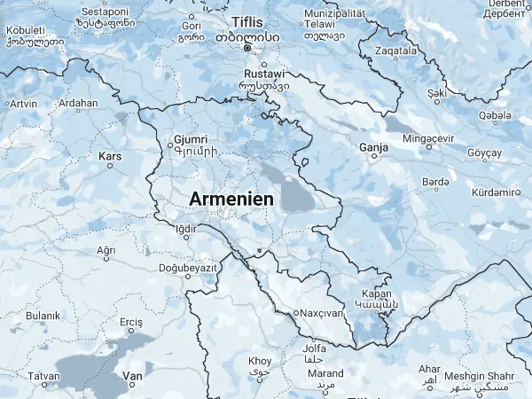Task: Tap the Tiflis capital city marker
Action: coord(248,48)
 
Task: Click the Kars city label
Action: coord(110,157)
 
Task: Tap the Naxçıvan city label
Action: coord(324,313)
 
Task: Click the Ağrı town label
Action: coord(106,250)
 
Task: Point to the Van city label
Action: coord(132,377)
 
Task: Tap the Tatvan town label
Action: coord(43,377)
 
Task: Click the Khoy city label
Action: coord(260,361)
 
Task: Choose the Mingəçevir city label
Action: coord(427,139)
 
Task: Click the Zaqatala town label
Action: coord(395,51)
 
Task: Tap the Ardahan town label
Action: coord(77,103)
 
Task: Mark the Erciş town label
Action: coord(131,321)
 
